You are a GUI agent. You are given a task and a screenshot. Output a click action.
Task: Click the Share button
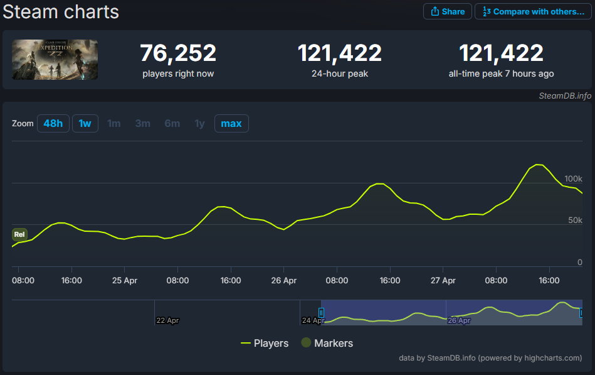click(448, 11)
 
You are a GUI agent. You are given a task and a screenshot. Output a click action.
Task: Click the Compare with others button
click(533, 11)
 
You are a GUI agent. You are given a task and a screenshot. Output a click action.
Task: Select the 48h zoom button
click(53, 124)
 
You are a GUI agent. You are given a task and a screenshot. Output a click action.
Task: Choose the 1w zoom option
click(85, 124)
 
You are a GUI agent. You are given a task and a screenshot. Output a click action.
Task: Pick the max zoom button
click(231, 124)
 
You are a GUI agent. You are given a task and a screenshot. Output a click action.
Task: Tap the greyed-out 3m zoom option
click(143, 124)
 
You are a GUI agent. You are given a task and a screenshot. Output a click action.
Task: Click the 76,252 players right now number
click(178, 53)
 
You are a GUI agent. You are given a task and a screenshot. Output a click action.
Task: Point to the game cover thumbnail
click(55, 60)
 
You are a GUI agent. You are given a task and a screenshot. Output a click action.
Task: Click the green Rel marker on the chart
click(19, 234)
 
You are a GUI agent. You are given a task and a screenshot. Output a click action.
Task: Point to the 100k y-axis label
click(573, 179)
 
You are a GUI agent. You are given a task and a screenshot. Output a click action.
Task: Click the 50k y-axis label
click(575, 220)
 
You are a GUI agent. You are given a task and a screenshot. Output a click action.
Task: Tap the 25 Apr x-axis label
click(125, 281)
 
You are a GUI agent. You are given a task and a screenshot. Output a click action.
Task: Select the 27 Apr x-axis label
click(443, 281)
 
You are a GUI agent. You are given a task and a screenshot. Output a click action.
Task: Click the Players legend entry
click(265, 343)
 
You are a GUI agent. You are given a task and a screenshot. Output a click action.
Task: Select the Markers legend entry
click(327, 343)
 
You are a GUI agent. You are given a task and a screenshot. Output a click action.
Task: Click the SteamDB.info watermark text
click(565, 96)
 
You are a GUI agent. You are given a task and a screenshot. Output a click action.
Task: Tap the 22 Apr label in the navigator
click(167, 320)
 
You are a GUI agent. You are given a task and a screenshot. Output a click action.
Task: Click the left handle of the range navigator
click(321, 313)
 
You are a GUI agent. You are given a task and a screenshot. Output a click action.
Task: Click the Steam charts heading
click(61, 12)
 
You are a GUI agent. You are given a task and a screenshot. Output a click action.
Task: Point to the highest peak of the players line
click(538, 165)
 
